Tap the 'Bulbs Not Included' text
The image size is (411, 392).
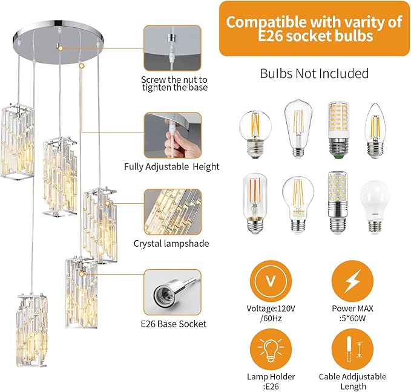314,74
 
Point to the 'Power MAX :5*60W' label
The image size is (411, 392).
352,313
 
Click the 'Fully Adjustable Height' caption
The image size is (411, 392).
172,167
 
